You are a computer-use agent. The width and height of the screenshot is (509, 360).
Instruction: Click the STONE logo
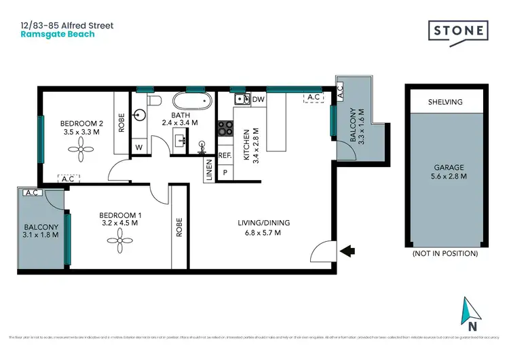457,31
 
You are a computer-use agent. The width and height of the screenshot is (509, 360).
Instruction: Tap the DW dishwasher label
258,100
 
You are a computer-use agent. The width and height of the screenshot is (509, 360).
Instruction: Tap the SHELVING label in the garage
445,102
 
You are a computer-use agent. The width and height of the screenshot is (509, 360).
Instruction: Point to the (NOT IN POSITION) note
445,253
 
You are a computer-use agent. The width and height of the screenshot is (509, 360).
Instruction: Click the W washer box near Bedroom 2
139,147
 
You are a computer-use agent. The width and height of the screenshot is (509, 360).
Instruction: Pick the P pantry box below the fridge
225,173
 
